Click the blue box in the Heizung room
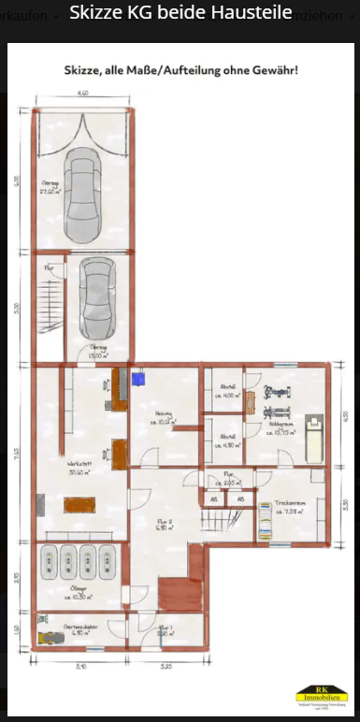coord(139,379)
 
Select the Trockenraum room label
coord(296,507)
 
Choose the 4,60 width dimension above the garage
coord(83,94)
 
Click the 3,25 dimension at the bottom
coord(166,666)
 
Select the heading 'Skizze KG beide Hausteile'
coord(180,15)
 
